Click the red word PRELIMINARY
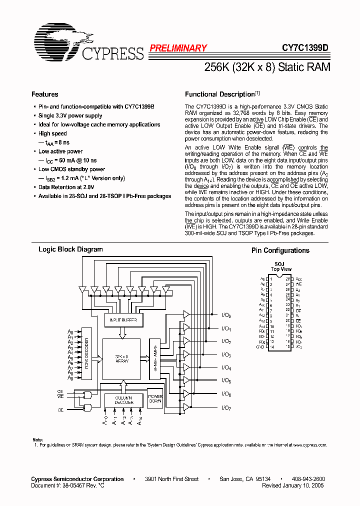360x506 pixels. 177,48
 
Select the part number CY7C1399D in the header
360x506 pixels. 304,48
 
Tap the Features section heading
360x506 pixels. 44,94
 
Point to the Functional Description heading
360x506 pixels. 220,94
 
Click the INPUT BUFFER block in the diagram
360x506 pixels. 123,319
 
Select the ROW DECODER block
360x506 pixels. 86,353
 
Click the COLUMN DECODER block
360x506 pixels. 123,399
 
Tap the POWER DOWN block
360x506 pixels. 155,399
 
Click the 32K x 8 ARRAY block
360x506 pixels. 121,358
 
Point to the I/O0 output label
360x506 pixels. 226,315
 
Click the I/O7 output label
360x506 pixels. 226,408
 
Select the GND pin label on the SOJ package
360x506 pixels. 261,346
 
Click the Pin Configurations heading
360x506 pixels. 280,250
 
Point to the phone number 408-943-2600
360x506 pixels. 308,479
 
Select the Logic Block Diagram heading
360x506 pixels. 70,249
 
